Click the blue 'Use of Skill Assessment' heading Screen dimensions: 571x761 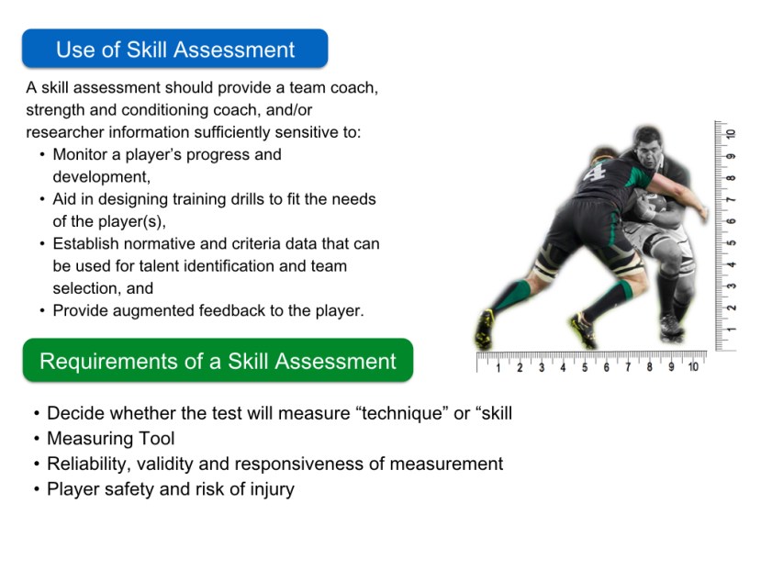pos(174,50)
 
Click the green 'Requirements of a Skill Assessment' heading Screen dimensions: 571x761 pos(218,361)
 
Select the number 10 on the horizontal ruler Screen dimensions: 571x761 pos(693,367)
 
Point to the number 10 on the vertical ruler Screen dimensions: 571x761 pos(731,134)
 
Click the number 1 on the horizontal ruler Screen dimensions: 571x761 pos(498,367)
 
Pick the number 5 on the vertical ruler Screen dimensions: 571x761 pos(731,242)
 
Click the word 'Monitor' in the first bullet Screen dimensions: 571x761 pos(82,154)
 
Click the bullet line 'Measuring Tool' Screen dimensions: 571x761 pos(110,439)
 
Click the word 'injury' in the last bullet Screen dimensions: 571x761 pos(269,488)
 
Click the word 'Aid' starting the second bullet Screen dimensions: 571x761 pos(65,198)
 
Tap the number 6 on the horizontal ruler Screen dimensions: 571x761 pos(606,367)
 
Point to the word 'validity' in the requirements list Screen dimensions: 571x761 pos(171,464)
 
